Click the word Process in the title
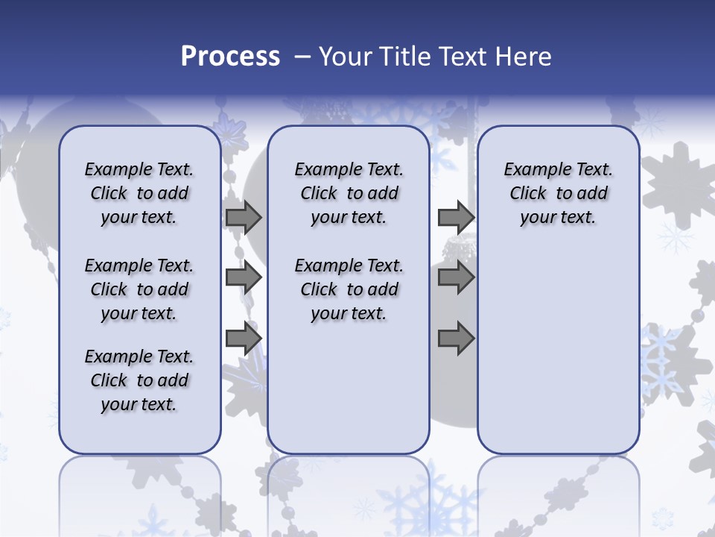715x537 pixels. coord(230,57)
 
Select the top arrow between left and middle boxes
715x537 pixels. coord(244,218)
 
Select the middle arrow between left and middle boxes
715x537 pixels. coord(244,278)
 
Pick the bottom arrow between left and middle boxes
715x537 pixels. coord(244,339)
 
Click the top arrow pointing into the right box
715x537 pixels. coord(456,218)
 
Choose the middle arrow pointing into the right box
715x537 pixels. coord(456,278)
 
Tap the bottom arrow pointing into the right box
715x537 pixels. coord(456,339)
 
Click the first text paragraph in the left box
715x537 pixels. coord(139,193)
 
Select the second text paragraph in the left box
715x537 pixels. coord(139,289)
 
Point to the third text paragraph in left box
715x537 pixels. coord(139,380)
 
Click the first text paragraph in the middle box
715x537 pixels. coord(349,193)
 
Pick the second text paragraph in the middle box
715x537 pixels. coord(349,289)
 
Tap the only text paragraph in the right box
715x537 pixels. coord(558,193)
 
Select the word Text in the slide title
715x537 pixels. coord(463,57)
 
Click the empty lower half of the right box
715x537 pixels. coord(558,358)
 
